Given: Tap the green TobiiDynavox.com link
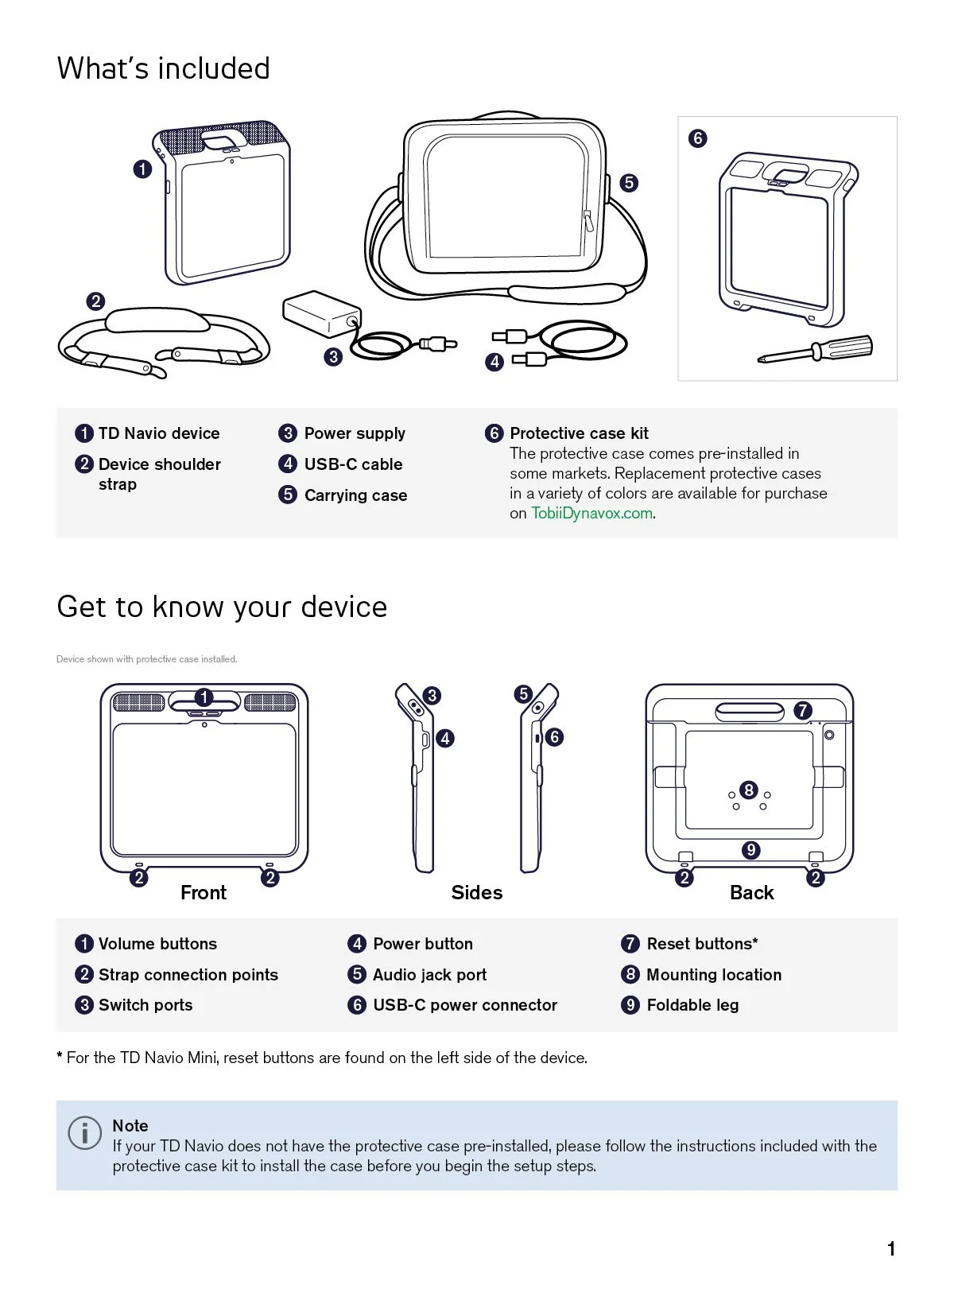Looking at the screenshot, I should point(592,514).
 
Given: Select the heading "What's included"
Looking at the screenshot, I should point(164,68).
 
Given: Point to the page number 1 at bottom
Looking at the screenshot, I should point(891,1249).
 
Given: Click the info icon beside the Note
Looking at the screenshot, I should point(85,1132).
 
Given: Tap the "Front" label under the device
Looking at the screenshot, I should point(204,893).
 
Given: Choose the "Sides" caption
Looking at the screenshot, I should point(477,893).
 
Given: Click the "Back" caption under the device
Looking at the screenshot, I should point(752,893).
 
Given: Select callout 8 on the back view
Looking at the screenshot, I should point(749,790).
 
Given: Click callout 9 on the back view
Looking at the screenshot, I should point(751,850).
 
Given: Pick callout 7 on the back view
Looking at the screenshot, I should point(802,710).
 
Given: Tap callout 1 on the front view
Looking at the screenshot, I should point(204,697).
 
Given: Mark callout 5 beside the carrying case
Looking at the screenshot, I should point(629,183).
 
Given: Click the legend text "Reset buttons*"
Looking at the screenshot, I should point(702,944).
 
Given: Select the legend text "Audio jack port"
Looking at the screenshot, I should point(429,975).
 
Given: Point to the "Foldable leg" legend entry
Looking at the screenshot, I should point(692,1005).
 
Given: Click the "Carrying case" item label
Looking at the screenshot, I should point(355,495).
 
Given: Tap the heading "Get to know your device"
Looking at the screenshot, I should point(222,607).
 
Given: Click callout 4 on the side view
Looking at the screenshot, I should point(445,739).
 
